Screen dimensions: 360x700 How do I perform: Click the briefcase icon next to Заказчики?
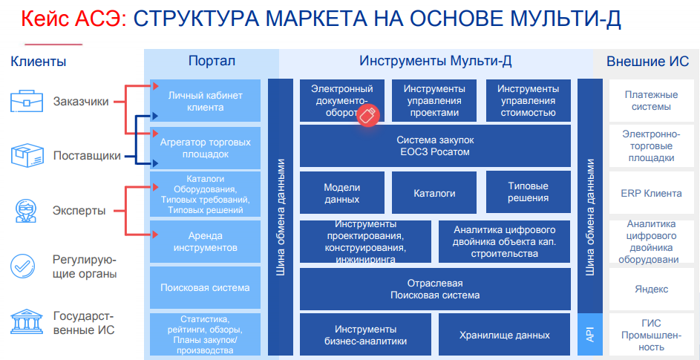click(27, 101)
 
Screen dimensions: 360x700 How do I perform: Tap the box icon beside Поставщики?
click(27, 156)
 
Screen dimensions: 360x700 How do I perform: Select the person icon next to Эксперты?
click(27, 211)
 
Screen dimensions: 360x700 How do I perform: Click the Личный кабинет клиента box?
click(205, 101)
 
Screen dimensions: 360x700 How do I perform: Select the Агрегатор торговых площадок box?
click(205, 148)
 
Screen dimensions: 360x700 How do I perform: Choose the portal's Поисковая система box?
click(205, 287)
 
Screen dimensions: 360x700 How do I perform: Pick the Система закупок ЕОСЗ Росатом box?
click(435, 146)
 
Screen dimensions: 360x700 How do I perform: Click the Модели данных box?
click(342, 193)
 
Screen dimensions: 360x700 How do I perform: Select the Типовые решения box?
click(529, 193)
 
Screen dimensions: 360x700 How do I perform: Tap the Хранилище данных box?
click(505, 335)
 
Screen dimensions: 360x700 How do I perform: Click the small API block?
click(590, 335)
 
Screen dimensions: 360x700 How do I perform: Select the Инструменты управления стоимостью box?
click(529, 101)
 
